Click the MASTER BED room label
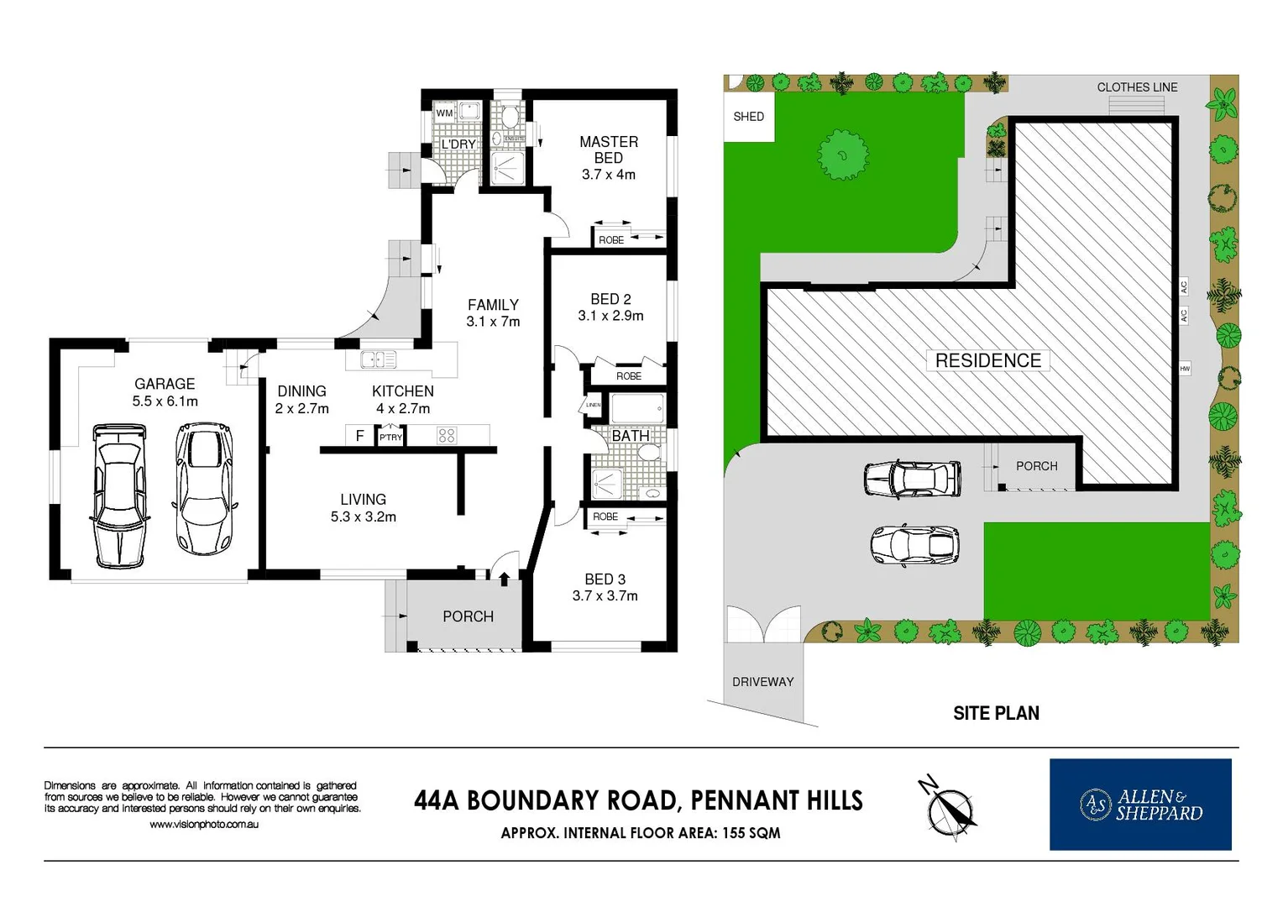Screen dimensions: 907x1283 pos(608,149)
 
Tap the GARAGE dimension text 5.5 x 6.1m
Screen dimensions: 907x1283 pos(165,401)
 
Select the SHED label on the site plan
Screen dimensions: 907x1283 pos(748,117)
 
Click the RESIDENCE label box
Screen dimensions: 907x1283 pos(987,360)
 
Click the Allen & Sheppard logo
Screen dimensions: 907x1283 pos(1139,805)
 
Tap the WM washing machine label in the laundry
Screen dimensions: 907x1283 pos(444,113)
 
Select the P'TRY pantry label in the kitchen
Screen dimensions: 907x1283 pos(390,438)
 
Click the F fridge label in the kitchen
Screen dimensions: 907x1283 pos(359,436)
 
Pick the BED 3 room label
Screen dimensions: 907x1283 pos(605,579)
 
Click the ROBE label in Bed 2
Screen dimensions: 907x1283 pos(628,376)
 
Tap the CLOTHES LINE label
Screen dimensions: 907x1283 pos(1137,87)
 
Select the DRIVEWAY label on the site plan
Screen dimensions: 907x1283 pos(762,682)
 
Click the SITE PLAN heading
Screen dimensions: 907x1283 pos(996,713)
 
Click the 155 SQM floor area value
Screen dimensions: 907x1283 pos(751,833)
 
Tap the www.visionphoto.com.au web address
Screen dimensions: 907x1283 pos(204,825)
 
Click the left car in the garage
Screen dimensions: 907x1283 pos(118,495)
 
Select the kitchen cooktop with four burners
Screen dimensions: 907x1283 pos(447,435)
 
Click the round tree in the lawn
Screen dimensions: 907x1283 pos(842,154)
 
